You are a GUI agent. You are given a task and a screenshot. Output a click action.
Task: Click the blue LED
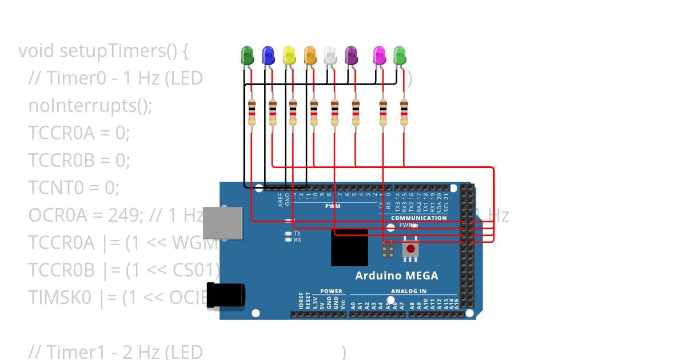[268, 55]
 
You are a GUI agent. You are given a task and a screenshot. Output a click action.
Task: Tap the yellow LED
[289, 55]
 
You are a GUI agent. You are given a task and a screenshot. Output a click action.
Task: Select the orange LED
[310, 55]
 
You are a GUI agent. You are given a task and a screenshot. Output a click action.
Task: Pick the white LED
[330, 55]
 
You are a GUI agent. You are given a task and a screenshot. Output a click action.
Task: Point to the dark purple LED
[352, 55]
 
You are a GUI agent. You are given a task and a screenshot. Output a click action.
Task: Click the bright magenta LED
[379, 55]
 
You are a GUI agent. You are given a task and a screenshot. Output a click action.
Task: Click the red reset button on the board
[410, 249]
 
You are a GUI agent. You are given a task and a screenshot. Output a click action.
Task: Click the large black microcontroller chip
[349, 247]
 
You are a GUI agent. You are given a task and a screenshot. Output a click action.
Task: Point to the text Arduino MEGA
[397, 275]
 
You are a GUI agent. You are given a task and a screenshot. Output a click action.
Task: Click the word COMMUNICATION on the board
[419, 218]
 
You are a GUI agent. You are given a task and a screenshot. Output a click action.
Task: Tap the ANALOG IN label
[408, 291]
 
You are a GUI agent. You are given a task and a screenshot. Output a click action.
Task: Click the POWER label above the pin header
[331, 291]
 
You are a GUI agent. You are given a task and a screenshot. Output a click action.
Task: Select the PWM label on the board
[333, 206]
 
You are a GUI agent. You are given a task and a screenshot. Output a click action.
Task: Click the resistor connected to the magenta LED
[383, 112]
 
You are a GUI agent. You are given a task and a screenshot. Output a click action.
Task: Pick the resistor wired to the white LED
[334, 112]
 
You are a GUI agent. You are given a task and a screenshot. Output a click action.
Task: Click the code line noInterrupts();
[90, 106]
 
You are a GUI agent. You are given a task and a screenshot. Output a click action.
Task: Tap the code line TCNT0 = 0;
[74, 187]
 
